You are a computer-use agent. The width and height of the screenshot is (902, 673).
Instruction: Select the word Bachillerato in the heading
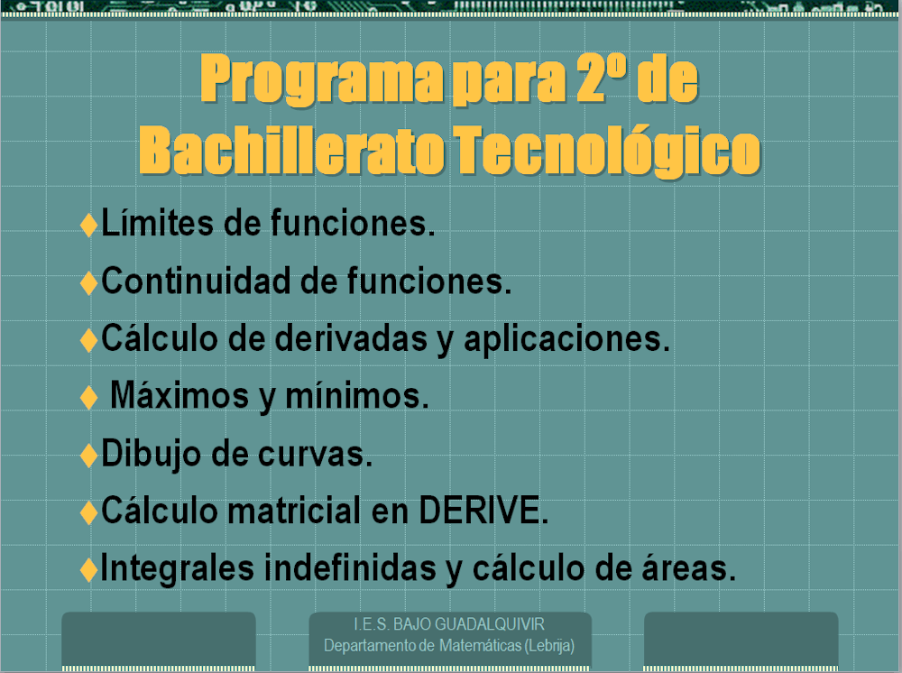click(x=291, y=150)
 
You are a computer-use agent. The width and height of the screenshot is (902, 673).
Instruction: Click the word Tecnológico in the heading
click(x=607, y=151)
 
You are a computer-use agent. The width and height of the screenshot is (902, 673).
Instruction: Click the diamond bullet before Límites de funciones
click(x=88, y=225)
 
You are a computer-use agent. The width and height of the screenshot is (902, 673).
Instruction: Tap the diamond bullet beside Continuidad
click(x=88, y=282)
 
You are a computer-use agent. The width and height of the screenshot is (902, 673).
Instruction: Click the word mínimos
click(x=356, y=395)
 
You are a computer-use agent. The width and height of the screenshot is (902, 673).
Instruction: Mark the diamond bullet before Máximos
click(x=88, y=397)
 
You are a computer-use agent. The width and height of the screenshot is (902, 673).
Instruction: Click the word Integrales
click(x=177, y=568)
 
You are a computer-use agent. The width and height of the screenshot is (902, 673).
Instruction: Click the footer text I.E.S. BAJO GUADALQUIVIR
click(x=448, y=624)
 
